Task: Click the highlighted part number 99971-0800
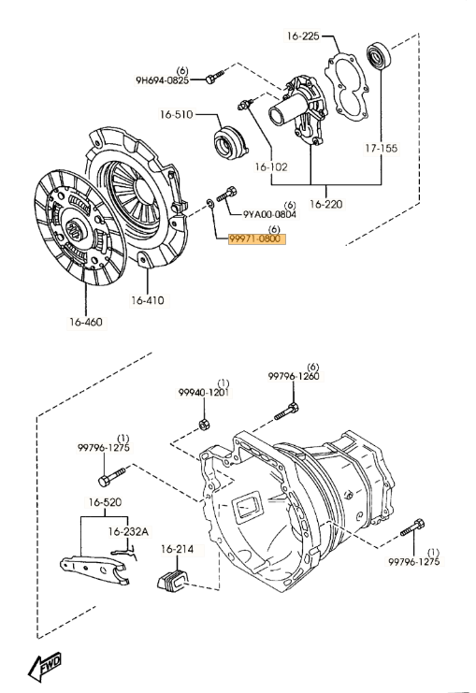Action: [x=254, y=239]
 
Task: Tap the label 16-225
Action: [x=303, y=36]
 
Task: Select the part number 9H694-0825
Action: [x=162, y=80]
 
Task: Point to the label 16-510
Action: [x=177, y=115]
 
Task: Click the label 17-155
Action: [x=381, y=149]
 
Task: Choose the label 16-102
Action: [x=271, y=167]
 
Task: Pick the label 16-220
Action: [x=326, y=204]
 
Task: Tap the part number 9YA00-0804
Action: [x=269, y=215]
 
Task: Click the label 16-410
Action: [x=147, y=300]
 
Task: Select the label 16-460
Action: [x=86, y=323]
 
